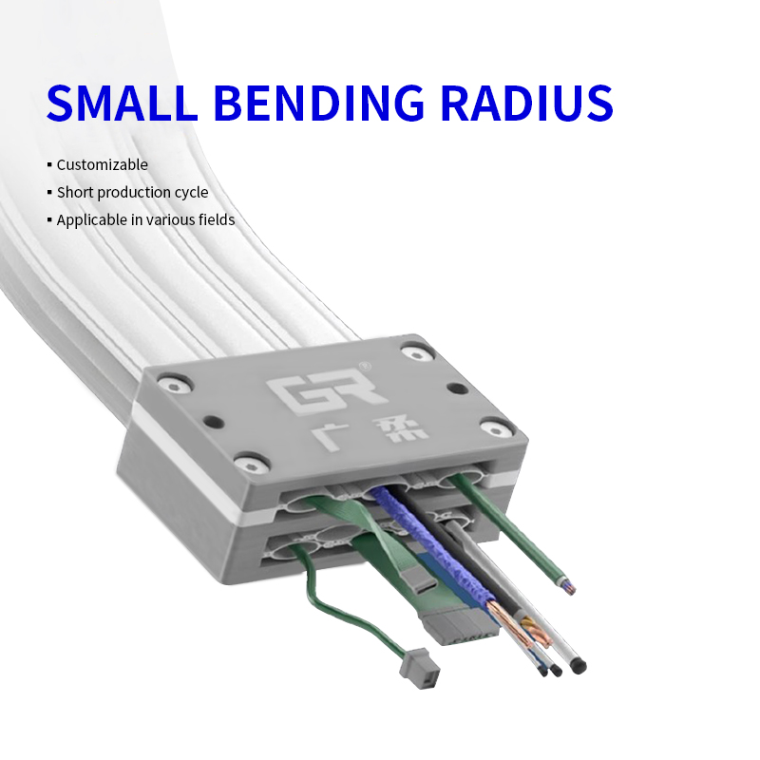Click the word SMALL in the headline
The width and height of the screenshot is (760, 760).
[123, 103]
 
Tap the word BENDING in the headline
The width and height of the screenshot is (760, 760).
[319, 103]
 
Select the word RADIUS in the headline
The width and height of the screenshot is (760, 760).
[527, 103]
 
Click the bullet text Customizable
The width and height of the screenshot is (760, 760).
[103, 164]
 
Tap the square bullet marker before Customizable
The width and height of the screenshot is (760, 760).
[49, 164]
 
